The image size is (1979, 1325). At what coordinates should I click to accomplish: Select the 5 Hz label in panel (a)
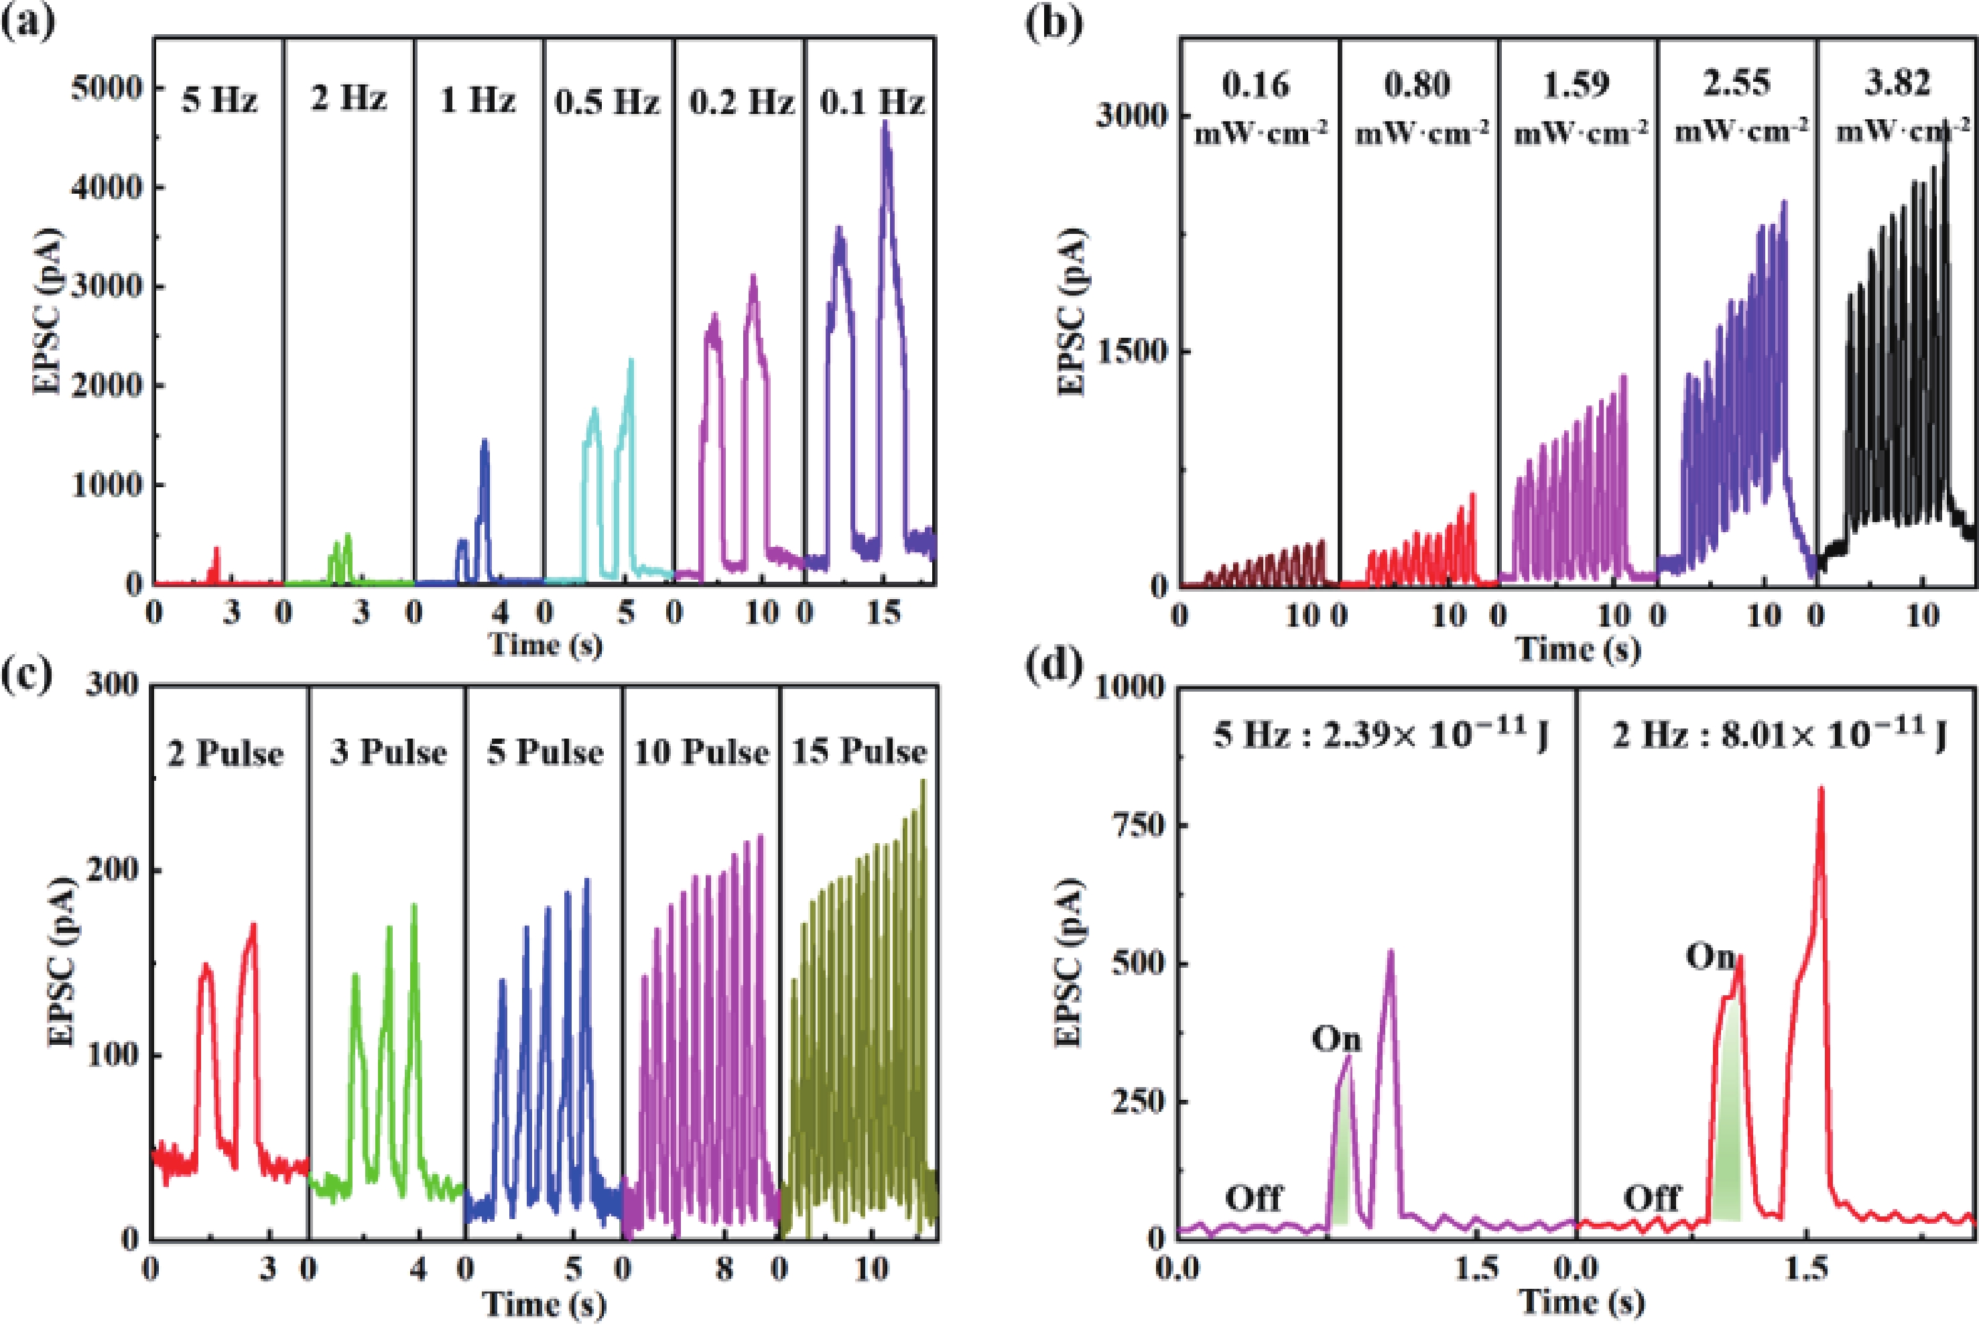(x=220, y=101)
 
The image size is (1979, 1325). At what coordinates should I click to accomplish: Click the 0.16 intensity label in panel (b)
(x=1257, y=85)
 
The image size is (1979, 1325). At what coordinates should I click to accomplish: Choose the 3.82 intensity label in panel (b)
(x=1897, y=84)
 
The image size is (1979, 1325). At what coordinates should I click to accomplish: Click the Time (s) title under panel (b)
(x=1578, y=649)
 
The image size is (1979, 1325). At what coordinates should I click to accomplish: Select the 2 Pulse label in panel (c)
(x=225, y=753)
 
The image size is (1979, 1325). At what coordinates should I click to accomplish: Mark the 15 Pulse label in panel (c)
(x=858, y=751)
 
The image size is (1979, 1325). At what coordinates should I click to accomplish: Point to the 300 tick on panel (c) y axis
(x=111, y=686)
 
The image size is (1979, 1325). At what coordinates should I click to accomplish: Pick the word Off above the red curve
(x=1652, y=1198)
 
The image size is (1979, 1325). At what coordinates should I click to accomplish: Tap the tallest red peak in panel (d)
(x=1821, y=790)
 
